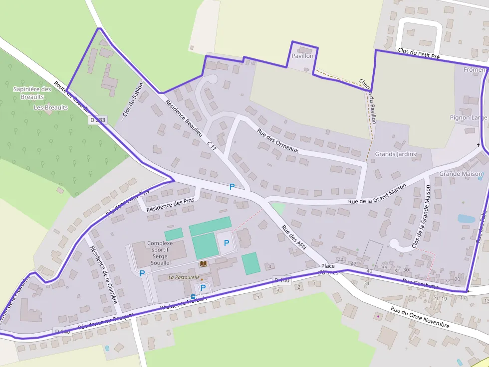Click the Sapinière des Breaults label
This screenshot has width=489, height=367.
pyautogui.click(x=32, y=93)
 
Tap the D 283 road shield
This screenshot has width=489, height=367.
pyautogui.click(x=98, y=120)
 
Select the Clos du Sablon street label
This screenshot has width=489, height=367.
pyautogui.click(x=133, y=100)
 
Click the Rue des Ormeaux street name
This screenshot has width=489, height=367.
pyautogui.click(x=277, y=140)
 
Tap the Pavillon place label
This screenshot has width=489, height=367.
pyautogui.click(x=303, y=56)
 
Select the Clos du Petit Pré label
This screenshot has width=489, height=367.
pyautogui.click(x=419, y=53)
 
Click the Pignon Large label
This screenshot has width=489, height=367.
pyautogui.click(x=468, y=118)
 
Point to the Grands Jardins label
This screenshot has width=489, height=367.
pyautogui.click(x=395, y=154)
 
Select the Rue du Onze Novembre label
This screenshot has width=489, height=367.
pyautogui.click(x=420, y=318)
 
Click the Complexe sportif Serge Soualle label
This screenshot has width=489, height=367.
pyautogui.click(x=159, y=253)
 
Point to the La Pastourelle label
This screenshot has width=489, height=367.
pyautogui.click(x=184, y=277)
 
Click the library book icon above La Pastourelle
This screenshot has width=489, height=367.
pyautogui.click(x=203, y=263)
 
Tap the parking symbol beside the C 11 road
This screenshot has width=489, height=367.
pyautogui.click(x=232, y=187)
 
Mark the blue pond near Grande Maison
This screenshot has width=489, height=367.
pyautogui.click(x=466, y=219)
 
